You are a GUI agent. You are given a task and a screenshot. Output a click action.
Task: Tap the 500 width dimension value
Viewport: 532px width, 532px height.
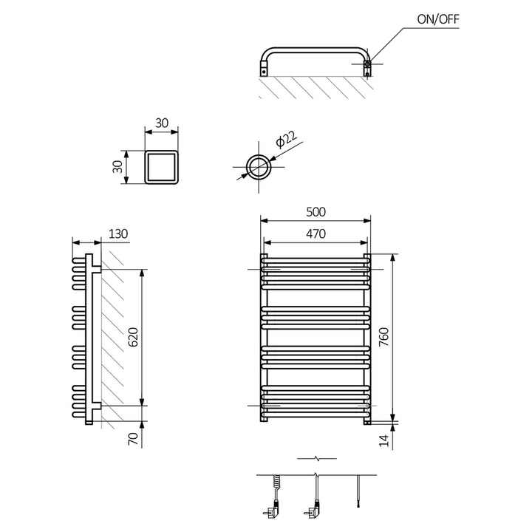click(x=316, y=211)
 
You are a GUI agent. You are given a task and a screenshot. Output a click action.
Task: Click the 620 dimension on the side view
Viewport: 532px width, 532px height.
click(x=134, y=338)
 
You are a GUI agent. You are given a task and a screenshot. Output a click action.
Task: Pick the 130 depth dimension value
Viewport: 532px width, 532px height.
click(x=118, y=234)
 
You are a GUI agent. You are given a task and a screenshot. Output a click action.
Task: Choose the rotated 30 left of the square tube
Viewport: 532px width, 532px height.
click(x=117, y=167)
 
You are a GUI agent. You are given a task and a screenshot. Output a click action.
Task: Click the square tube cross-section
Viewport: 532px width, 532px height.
click(x=161, y=167)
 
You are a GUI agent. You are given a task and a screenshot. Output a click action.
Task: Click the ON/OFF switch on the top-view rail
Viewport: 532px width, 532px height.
click(x=367, y=66)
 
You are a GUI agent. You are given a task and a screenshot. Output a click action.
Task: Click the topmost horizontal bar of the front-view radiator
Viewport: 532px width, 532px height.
click(x=316, y=261)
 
